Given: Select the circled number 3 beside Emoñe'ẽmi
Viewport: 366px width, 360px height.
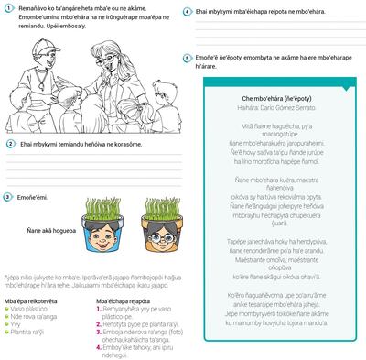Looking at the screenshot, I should point(7,197).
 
